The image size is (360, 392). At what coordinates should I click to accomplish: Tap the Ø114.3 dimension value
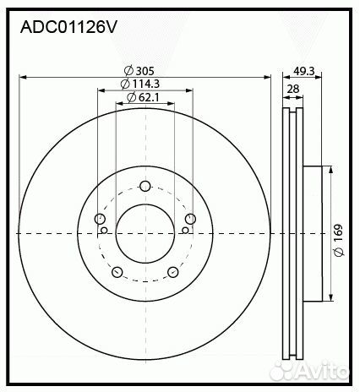[141, 84]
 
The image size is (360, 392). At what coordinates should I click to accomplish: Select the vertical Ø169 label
[337, 231]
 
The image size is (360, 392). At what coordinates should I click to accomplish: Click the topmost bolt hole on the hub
[145, 187]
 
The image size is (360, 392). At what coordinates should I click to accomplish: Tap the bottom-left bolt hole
[117, 272]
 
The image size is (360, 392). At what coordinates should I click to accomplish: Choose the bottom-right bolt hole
[172, 272]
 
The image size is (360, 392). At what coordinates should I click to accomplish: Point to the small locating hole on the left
[104, 229]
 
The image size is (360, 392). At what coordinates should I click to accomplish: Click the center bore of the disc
[145, 233]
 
